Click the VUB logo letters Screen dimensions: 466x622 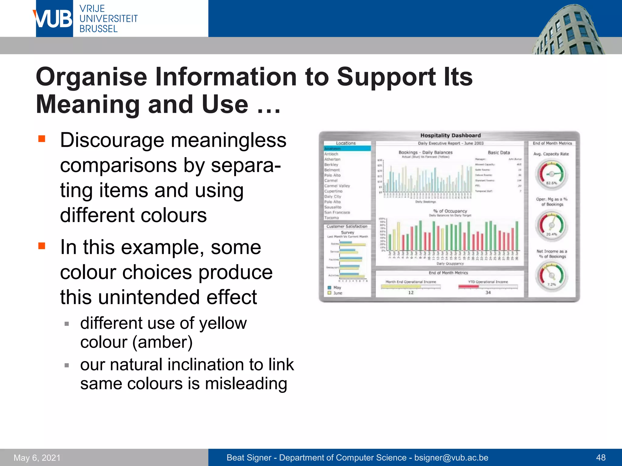(54, 19)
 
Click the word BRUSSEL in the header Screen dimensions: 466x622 (98, 29)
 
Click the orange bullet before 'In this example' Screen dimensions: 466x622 (42, 245)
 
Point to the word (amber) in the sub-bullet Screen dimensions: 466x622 (162, 343)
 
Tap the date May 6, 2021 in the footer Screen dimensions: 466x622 (37, 458)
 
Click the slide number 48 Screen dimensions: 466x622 (601, 458)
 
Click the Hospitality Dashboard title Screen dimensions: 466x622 (450, 136)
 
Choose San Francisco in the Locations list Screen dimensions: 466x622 (337, 212)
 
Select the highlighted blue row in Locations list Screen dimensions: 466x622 (347, 149)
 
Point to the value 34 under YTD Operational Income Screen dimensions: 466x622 (488, 292)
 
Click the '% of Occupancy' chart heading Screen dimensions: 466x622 (450, 211)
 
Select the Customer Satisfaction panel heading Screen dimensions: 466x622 (347, 226)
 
